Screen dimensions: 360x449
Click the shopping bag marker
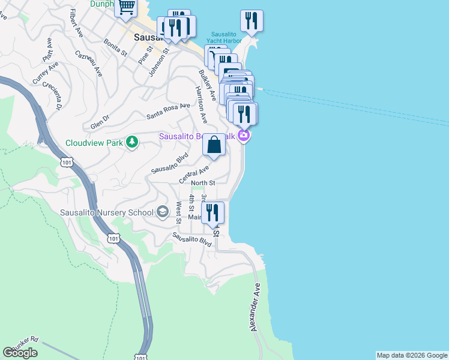pos(214,145)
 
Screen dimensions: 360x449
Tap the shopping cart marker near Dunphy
pos(126,8)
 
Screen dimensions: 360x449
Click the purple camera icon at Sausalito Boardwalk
pos(244,135)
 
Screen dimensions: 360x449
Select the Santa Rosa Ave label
pos(168,110)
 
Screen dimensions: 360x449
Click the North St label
pos(203,183)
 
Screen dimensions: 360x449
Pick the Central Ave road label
pos(193,176)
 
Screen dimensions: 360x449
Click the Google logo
pos(20,353)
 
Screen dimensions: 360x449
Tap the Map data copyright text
pos(411,355)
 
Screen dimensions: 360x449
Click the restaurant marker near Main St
pos(212,212)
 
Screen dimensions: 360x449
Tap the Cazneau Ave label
pos(89,62)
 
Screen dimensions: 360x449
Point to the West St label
pos(178,213)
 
